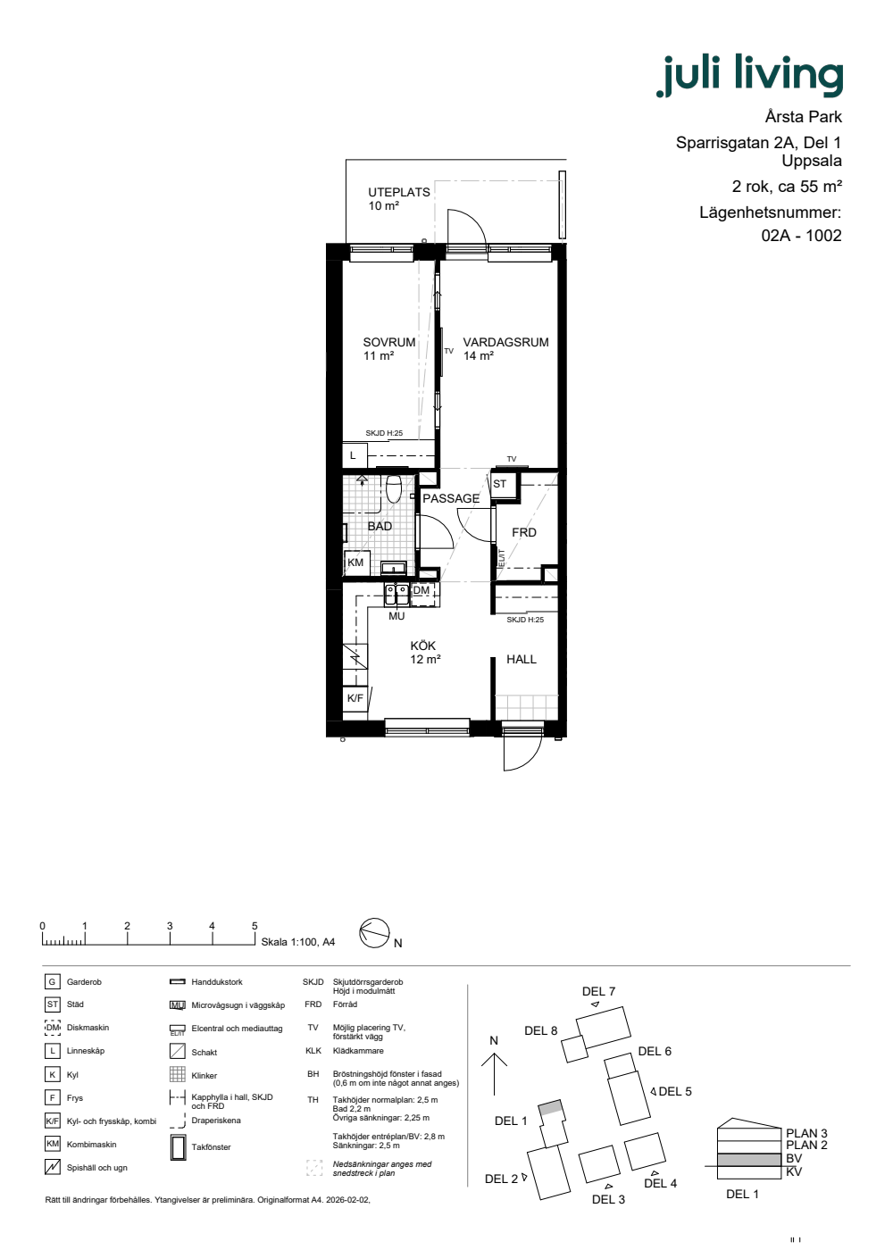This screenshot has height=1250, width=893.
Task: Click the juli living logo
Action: [x=749, y=75]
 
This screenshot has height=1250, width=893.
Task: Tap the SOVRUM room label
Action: [x=389, y=342]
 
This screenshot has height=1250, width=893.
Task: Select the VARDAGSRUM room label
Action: [x=505, y=342]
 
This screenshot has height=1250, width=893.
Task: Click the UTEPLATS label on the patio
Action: [x=399, y=192]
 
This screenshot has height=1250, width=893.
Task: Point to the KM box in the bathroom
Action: [x=356, y=562]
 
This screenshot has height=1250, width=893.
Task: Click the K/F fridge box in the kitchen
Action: [x=355, y=697]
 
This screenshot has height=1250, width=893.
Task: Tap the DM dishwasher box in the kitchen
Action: [x=423, y=594]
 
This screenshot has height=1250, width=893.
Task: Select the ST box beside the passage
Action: [x=502, y=484]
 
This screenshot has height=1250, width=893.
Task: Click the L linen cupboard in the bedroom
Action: [x=354, y=455]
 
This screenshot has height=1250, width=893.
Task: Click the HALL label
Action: [x=522, y=659]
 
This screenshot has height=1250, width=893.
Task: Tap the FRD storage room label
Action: [x=524, y=532]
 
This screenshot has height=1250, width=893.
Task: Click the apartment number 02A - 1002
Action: [x=802, y=236]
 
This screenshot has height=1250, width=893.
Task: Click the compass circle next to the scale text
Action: [x=374, y=933]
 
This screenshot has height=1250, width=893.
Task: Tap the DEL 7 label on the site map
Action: [x=598, y=991]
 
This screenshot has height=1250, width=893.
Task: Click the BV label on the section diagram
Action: [x=794, y=1158]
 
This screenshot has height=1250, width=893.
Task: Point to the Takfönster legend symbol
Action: [x=178, y=1148]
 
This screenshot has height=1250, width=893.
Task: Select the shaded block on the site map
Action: [x=551, y=1108]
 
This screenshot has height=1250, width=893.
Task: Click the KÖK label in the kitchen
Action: [x=422, y=646]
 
